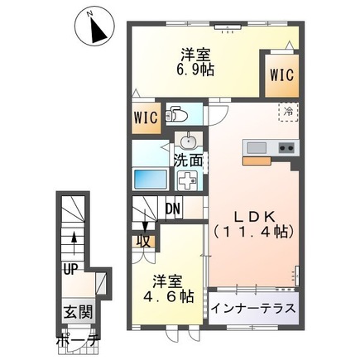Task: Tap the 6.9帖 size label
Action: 194,70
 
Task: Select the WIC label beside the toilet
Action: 145,115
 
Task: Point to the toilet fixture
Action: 177,115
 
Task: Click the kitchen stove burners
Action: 287,148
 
